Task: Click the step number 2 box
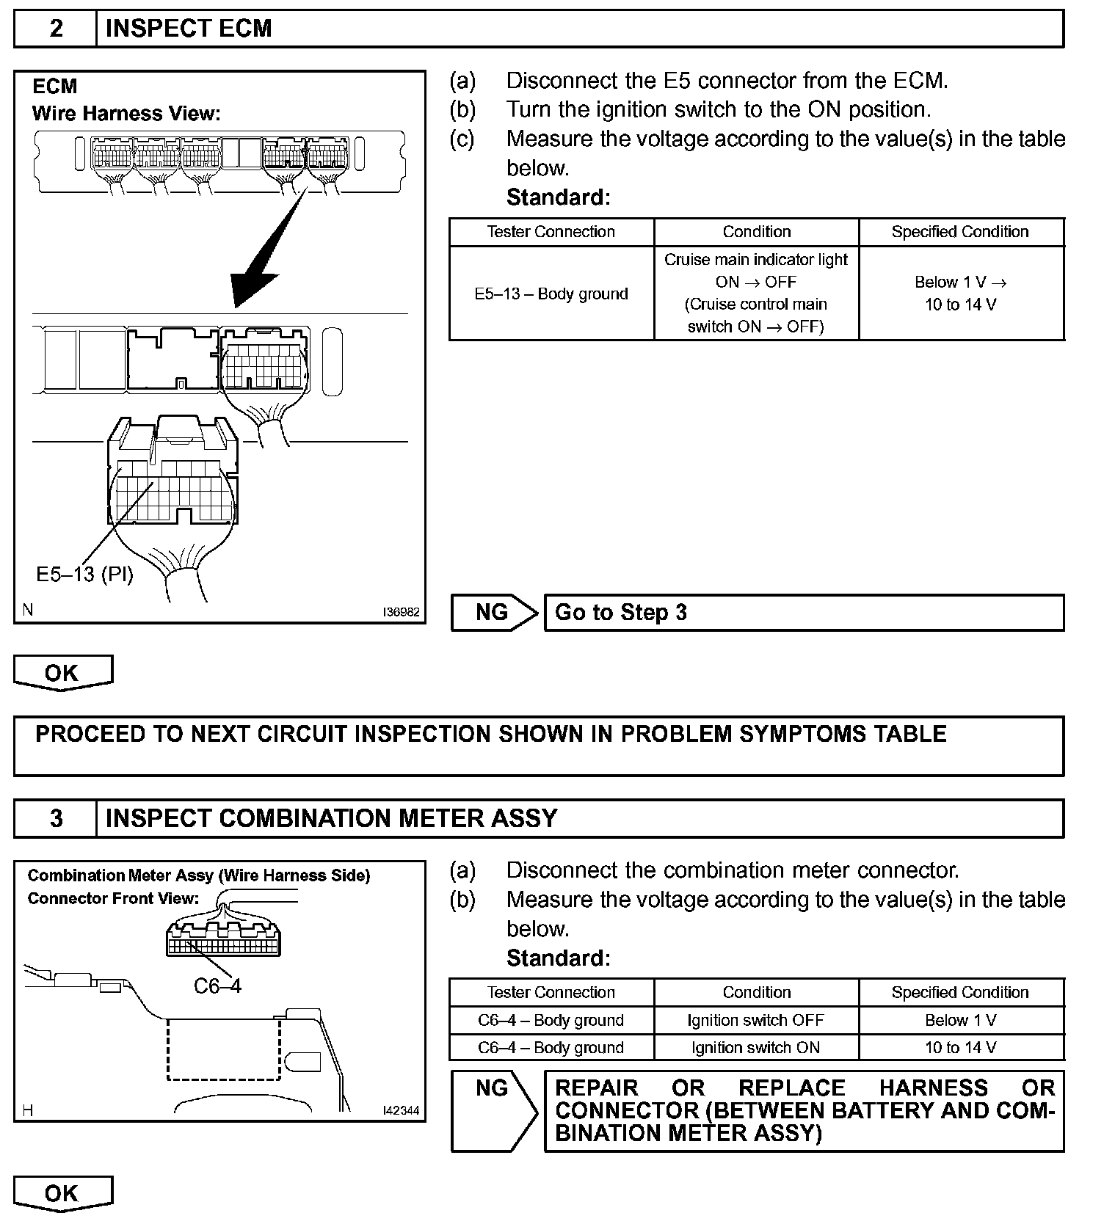tap(56, 29)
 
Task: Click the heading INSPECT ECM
tap(189, 29)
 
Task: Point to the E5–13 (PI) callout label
tap(85, 574)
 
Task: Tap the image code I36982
tap(401, 612)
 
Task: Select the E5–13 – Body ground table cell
tap(551, 294)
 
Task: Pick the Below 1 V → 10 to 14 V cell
tap(961, 294)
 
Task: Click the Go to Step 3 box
tap(804, 613)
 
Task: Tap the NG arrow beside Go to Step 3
tap(494, 613)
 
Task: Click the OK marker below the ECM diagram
tap(62, 672)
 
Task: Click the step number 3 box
tap(56, 818)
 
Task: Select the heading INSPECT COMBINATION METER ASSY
tap(332, 818)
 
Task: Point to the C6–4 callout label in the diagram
tap(217, 986)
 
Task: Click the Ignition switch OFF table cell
tap(756, 1020)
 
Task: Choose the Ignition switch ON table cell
tap(756, 1047)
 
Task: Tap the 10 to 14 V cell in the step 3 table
tap(961, 1047)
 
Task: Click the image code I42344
tap(401, 1111)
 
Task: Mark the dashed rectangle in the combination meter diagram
tap(224, 1049)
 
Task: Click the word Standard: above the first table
tap(559, 197)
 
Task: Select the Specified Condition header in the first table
tap(961, 232)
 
